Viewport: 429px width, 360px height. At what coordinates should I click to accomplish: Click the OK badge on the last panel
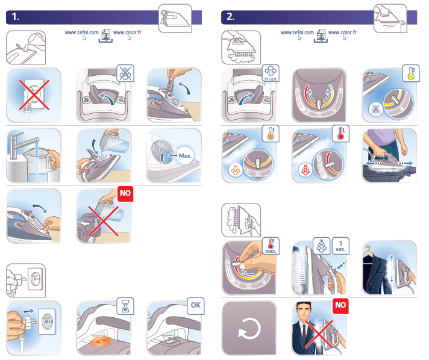196,306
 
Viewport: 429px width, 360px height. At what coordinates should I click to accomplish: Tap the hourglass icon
125,306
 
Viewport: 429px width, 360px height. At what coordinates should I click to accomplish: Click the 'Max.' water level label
185,156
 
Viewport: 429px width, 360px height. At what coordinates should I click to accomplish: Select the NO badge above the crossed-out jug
125,193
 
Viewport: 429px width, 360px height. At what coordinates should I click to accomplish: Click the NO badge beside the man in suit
340,305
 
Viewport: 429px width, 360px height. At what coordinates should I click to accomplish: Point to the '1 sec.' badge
340,246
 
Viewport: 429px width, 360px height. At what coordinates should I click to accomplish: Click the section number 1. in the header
15,17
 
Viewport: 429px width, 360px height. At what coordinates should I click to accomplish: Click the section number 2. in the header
230,17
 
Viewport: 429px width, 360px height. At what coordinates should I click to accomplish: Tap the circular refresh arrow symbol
249,328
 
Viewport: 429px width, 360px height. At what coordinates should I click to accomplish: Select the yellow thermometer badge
411,73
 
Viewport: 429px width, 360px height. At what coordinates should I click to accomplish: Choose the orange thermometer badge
271,134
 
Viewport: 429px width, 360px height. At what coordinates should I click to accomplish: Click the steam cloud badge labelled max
271,73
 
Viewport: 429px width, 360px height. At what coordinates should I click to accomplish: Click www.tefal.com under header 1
81,33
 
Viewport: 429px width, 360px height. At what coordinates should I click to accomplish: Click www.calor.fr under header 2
342,33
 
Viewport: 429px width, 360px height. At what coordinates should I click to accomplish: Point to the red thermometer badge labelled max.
271,246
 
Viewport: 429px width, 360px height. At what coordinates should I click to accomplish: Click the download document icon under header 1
105,36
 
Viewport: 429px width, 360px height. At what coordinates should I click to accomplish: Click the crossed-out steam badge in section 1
125,73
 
